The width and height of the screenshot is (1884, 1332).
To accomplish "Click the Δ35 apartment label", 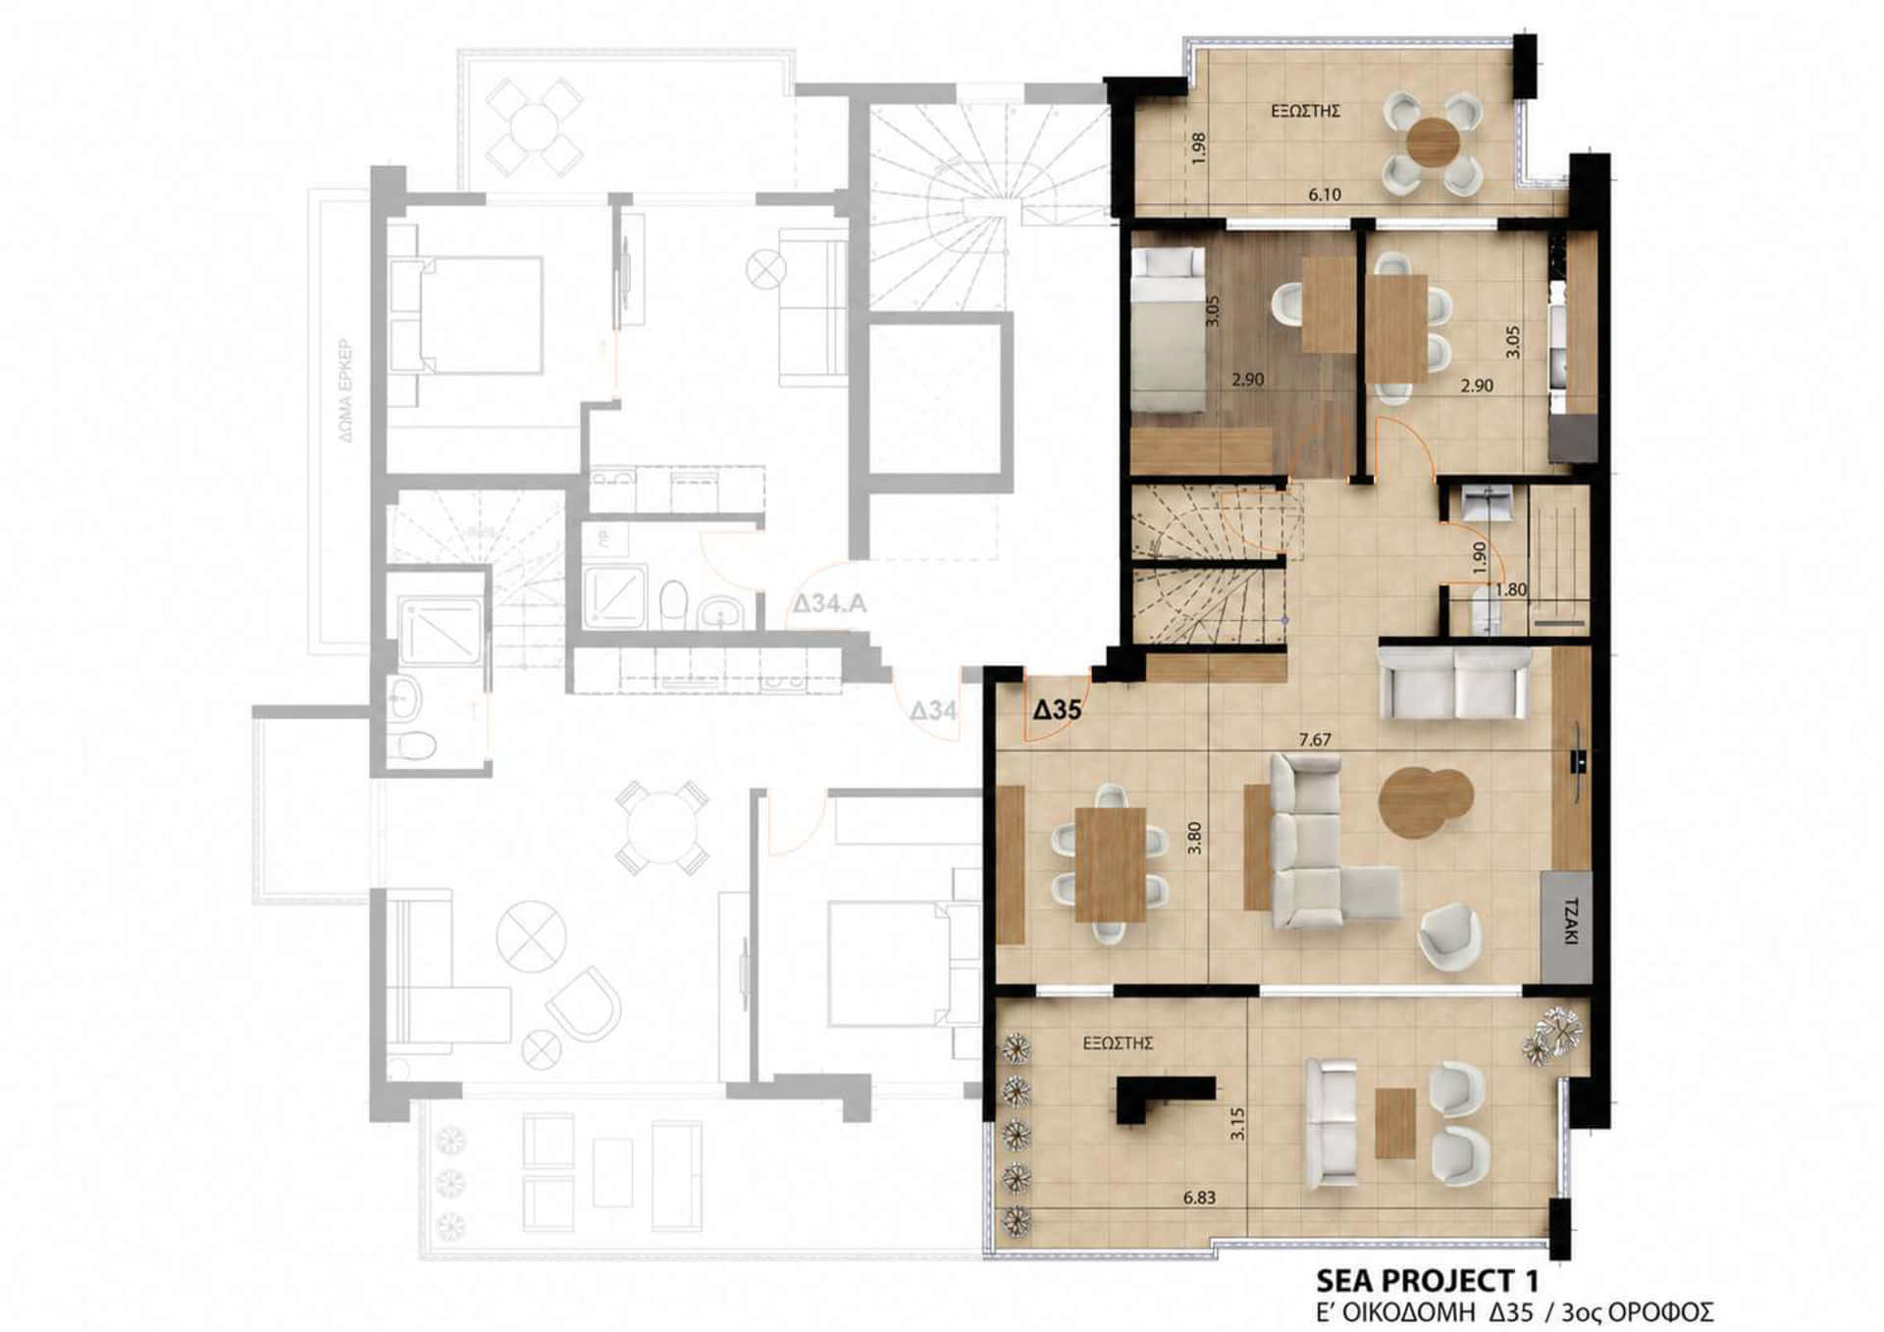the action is click(1057, 708).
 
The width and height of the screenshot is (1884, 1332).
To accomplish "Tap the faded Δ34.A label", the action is click(830, 603).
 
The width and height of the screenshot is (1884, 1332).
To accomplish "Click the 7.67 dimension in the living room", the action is click(1315, 740).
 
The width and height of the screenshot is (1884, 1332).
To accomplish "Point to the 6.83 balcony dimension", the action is click(1199, 1198).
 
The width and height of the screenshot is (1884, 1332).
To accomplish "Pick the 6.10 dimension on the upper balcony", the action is click(1325, 194).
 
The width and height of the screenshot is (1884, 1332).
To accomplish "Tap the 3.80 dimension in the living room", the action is click(1194, 838).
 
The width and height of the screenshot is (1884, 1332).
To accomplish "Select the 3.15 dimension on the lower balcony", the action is click(1237, 1123).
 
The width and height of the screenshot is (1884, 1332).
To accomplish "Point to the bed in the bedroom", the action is click(1169, 328).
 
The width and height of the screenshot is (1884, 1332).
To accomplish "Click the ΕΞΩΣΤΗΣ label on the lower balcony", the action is click(1118, 1044).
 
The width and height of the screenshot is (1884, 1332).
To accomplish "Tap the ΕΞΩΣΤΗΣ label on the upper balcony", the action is click(1305, 112).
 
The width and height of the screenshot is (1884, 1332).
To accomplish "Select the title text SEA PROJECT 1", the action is click(1427, 1280).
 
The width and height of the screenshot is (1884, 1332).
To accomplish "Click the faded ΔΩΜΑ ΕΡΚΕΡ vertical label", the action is click(346, 391).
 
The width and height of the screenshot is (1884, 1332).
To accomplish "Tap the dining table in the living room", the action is click(1110, 864).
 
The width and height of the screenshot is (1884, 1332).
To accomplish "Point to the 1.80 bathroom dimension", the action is click(1510, 590).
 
